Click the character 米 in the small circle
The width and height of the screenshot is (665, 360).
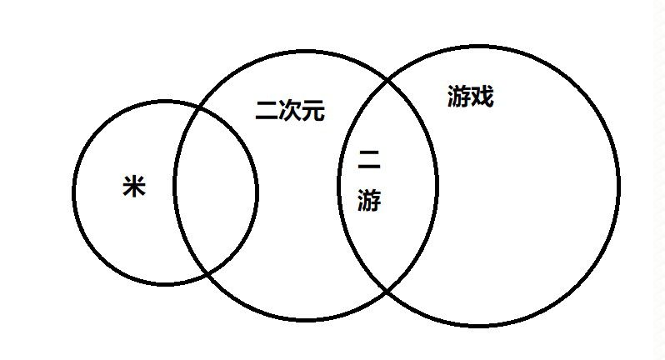tap(134, 187)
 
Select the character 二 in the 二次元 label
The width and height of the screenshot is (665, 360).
tap(267, 111)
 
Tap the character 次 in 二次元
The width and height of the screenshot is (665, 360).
tap(290, 111)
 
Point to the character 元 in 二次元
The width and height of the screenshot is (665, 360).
tap(313, 111)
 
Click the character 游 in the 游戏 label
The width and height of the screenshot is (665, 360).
tap(459, 97)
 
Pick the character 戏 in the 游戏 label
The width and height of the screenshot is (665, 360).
tap(482, 97)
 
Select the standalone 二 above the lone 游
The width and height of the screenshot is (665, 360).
tap(369, 160)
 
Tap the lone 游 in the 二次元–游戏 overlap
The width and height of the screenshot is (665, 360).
tap(369, 200)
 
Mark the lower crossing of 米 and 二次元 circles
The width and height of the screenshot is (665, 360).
tap(207, 273)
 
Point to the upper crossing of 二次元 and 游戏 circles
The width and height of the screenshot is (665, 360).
tap(387, 80)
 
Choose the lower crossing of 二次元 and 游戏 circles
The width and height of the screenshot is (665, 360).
tap(387, 291)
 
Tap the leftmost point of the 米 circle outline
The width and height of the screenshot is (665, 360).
tap(74, 193)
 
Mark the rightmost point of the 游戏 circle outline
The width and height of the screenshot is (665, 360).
tap(619, 185)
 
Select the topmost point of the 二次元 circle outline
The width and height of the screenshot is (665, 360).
tap(306, 52)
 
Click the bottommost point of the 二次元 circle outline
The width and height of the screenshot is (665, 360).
tap(305, 319)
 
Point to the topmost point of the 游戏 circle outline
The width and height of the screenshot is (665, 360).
tap(479, 47)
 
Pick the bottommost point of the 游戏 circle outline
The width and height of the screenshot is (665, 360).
tap(479, 325)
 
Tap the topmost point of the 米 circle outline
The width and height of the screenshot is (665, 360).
tap(165, 102)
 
